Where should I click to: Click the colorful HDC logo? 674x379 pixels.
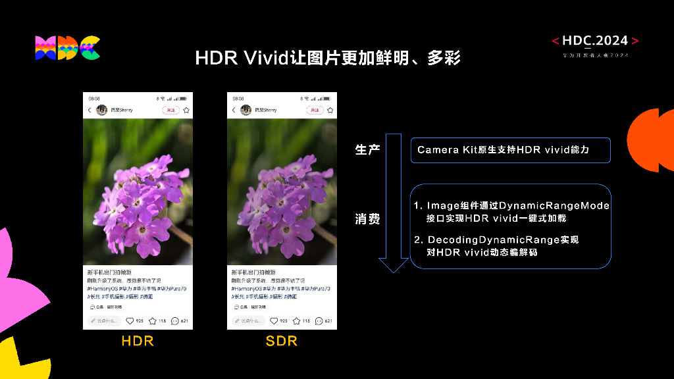coord(67,48)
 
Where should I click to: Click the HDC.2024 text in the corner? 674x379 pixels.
coord(596,41)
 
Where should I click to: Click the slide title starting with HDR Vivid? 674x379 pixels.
coord(327,58)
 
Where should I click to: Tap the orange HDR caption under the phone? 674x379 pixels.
coord(138,341)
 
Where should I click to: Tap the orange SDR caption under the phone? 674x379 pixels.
coord(282,341)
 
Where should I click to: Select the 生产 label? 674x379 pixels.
coord(367,150)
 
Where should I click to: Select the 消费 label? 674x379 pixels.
coord(367,219)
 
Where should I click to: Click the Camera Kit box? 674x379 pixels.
coord(510,150)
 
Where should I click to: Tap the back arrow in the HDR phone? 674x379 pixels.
coord(90,111)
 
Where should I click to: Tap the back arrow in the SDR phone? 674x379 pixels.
coord(234,111)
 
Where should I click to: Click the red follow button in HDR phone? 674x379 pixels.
coord(170,110)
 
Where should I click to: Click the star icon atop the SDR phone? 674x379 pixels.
coord(330,111)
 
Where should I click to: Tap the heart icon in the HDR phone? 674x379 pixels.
coord(130,321)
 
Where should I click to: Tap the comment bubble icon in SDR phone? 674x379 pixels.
coord(319,321)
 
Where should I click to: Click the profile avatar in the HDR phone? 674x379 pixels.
coord(102,110)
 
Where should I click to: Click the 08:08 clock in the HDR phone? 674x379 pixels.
coord(94,99)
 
